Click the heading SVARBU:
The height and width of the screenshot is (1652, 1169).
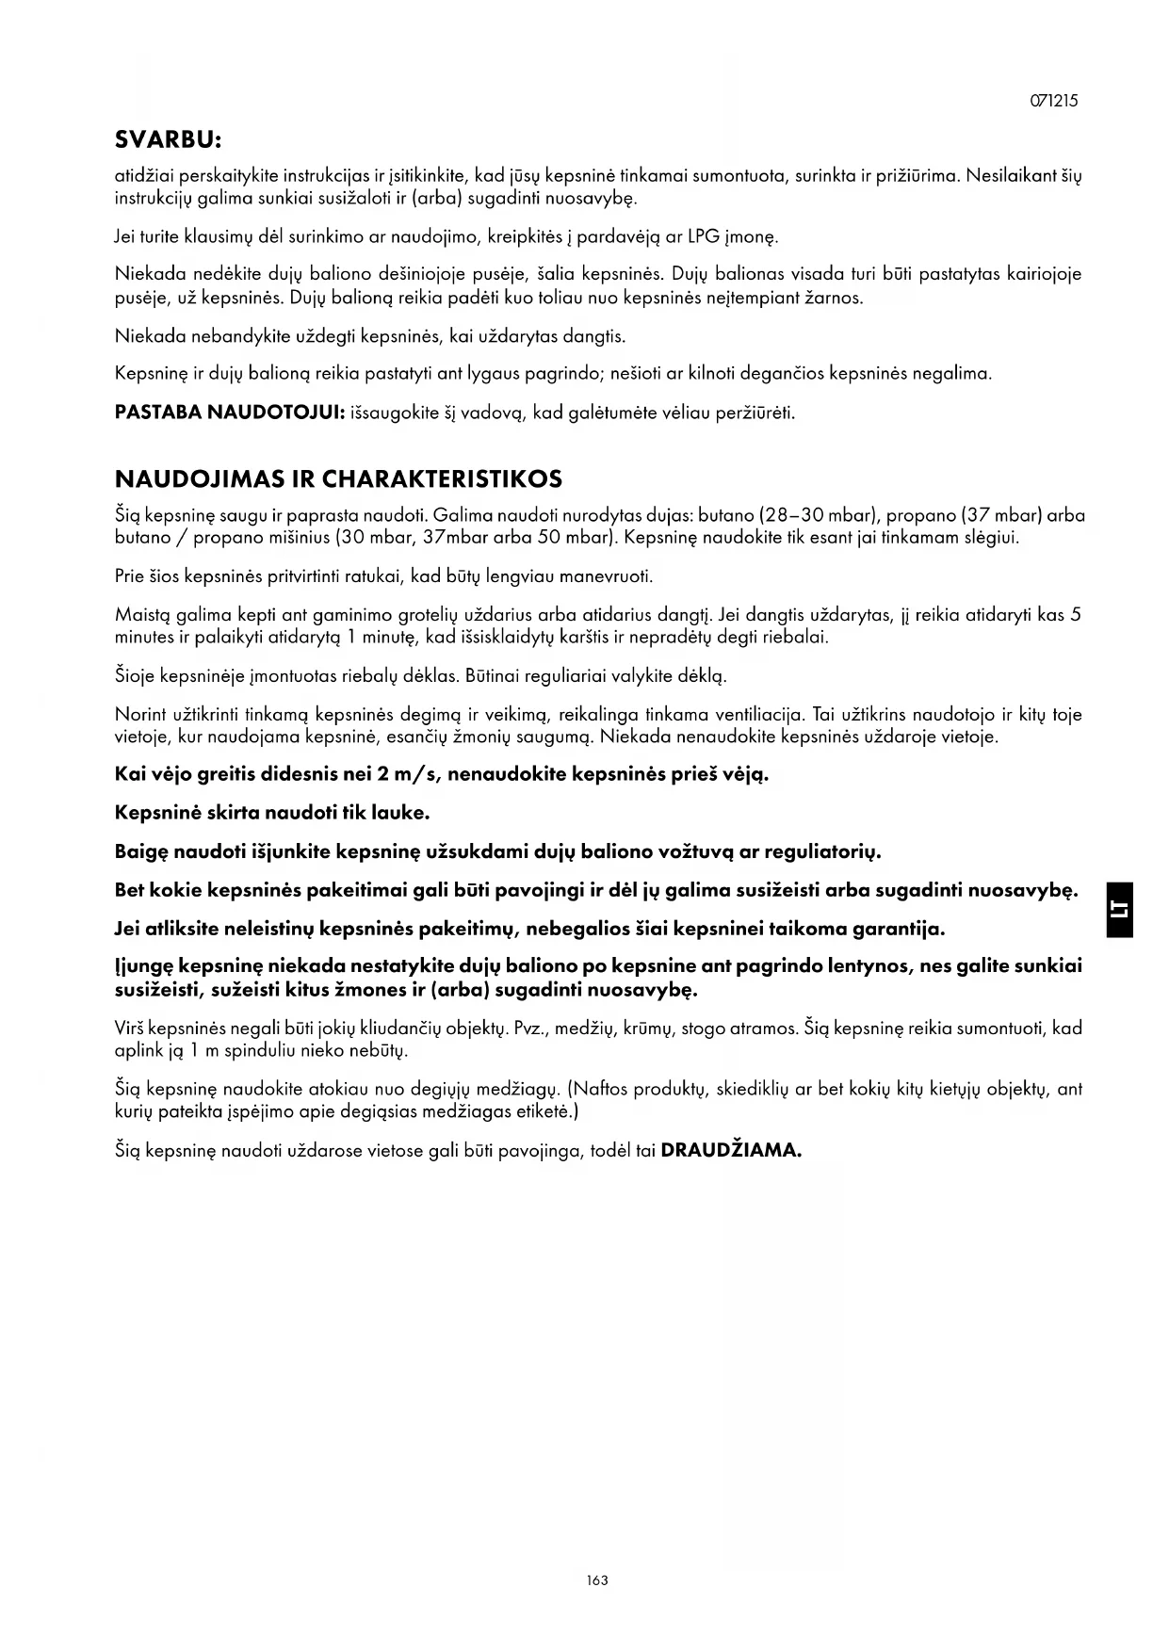point(168,140)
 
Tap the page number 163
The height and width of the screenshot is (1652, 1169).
point(596,1580)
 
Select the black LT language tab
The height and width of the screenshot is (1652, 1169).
point(1120,910)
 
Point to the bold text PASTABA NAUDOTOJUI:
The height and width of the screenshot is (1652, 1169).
point(228,413)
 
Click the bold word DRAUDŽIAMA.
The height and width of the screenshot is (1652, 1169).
point(731,1151)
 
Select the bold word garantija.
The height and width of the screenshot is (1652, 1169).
point(898,930)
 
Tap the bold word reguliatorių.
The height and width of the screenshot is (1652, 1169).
point(822,852)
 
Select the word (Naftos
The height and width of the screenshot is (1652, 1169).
point(596,1090)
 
